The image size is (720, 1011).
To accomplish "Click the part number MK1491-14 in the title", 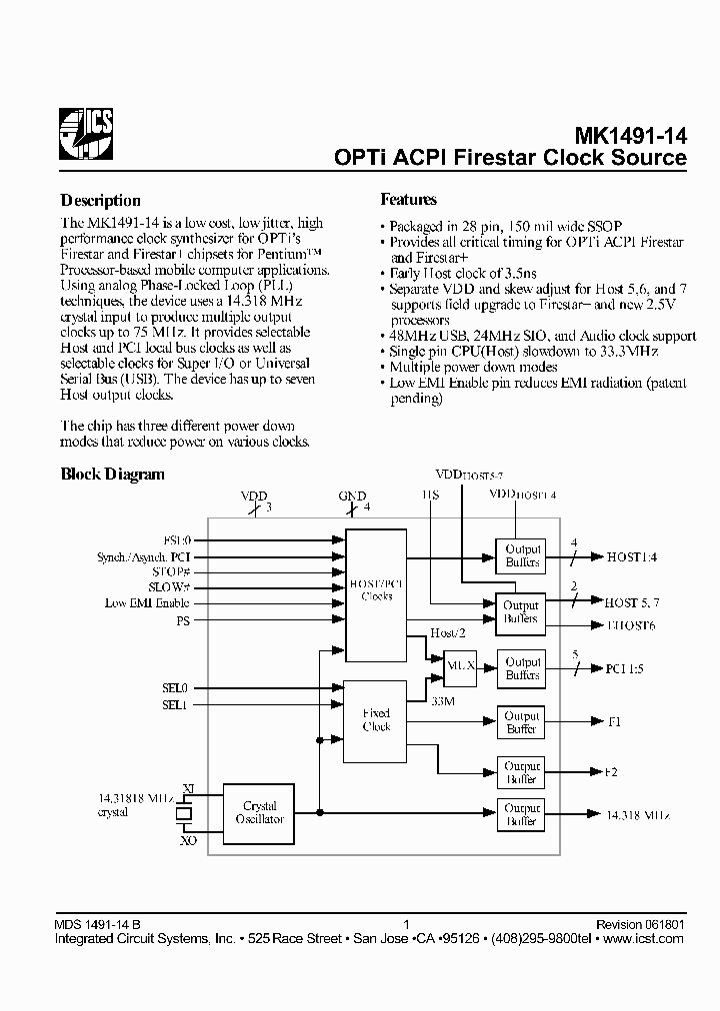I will [630, 136].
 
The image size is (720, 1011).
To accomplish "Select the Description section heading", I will [100, 200].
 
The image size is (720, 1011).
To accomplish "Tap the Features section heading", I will [409, 200].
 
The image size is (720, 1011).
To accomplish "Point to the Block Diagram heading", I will [113, 475].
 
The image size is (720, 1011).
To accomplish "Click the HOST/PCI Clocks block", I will [377, 589].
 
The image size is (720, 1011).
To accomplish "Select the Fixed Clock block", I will [377, 720].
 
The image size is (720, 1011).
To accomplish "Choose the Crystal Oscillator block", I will [259, 812].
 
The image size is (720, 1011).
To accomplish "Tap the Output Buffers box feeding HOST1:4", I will [522, 555].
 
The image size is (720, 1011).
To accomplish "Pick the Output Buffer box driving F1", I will [522, 722].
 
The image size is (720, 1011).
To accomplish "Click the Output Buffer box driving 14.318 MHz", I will [522, 815].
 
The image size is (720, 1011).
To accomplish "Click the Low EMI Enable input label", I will [146, 603].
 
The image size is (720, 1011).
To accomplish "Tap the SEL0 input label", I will [175, 688].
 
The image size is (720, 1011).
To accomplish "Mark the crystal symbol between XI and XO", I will [184, 814].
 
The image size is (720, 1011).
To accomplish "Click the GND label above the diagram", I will [352, 497].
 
